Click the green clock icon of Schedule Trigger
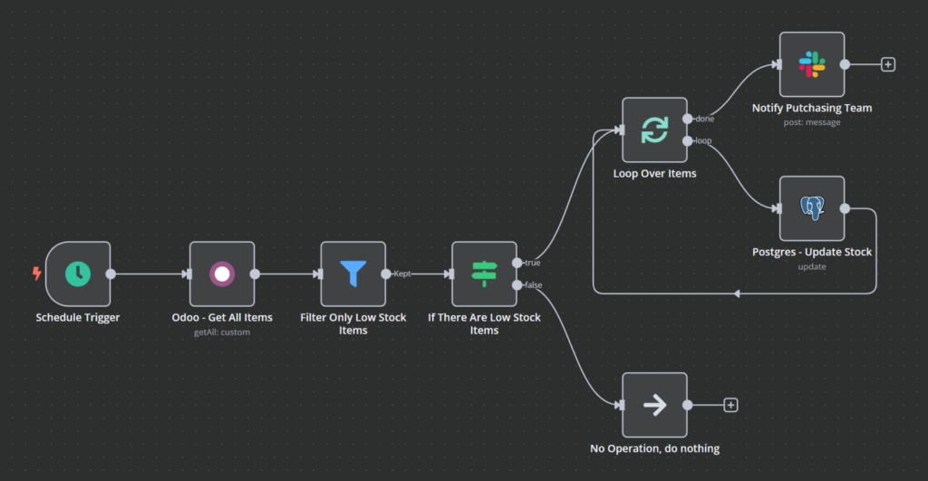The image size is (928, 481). point(78,274)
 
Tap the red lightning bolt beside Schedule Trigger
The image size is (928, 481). point(36,274)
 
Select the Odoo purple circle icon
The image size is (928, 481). point(221,274)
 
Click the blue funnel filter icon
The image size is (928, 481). point(353,274)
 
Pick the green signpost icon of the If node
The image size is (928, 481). point(484,274)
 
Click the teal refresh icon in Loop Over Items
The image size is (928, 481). point(654,130)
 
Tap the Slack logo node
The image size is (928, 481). point(812,64)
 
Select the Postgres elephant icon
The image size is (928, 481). point(812,208)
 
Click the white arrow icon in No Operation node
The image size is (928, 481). point(654,405)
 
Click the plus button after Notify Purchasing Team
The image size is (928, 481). point(888,64)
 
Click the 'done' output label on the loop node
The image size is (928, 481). point(705,120)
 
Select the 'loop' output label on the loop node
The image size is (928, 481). point(704,141)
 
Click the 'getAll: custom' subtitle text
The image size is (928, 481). point(221,332)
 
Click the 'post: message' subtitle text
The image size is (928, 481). point(812,122)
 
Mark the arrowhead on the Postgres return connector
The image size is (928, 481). point(737,293)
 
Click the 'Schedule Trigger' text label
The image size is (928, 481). point(77,318)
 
